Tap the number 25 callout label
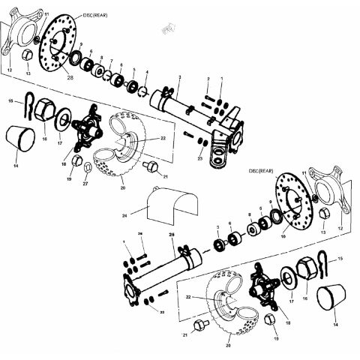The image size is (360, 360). point(172,235)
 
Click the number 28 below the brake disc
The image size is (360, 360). point(70,78)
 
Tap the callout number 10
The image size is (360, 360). point(283,235)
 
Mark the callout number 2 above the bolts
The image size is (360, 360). point(208,79)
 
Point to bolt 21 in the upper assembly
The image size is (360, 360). point(151,166)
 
